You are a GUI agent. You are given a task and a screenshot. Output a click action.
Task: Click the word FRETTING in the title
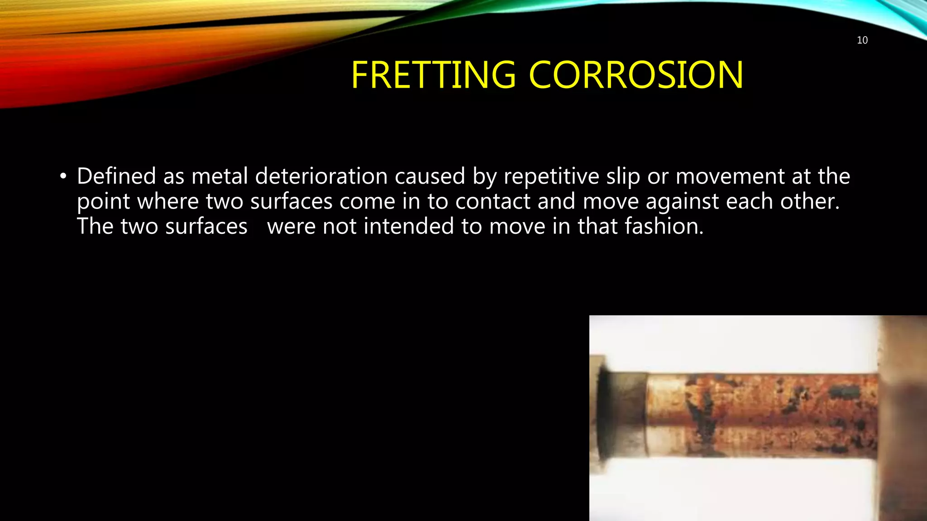(433, 75)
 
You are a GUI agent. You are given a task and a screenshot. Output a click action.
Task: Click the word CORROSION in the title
(636, 75)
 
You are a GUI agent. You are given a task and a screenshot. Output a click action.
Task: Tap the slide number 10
(862, 40)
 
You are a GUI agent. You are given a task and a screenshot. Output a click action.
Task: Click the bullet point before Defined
(63, 176)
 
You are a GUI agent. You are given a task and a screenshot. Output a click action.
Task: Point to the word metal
(220, 176)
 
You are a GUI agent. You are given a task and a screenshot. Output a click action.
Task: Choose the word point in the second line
(103, 201)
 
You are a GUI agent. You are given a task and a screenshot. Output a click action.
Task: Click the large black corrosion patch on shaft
(702, 423)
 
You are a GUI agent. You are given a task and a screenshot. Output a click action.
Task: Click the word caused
(430, 176)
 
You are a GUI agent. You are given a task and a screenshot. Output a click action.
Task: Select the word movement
(730, 176)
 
